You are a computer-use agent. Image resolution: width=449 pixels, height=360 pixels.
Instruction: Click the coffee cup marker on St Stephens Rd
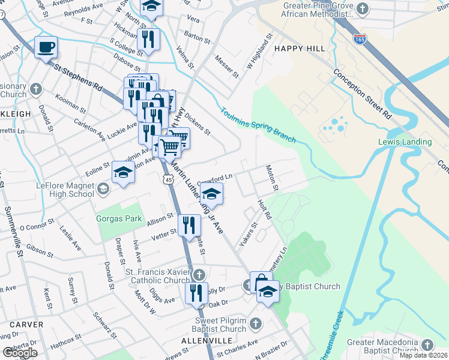[x=46, y=47]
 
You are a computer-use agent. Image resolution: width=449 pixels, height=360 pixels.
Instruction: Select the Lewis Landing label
[x=405, y=142]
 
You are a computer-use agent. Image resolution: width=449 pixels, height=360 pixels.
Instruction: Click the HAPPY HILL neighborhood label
[x=299, y=48]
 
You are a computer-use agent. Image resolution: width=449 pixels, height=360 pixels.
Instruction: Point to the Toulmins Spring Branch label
[x=258, y=125]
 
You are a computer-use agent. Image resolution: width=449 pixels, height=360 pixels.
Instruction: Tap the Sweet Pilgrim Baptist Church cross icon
[x=255, y=324]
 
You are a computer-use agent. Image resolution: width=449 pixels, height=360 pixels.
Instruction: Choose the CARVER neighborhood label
[x=26, y=325]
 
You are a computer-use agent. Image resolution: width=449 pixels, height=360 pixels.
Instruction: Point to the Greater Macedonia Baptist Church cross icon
[x=427, y=345]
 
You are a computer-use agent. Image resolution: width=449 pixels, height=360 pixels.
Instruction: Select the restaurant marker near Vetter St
[x=190, y=226]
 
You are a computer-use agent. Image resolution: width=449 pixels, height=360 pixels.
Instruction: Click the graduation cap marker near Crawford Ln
[x=211, y=194]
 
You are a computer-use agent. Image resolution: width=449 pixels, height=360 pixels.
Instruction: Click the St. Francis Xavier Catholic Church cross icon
[x=199, y=275]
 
